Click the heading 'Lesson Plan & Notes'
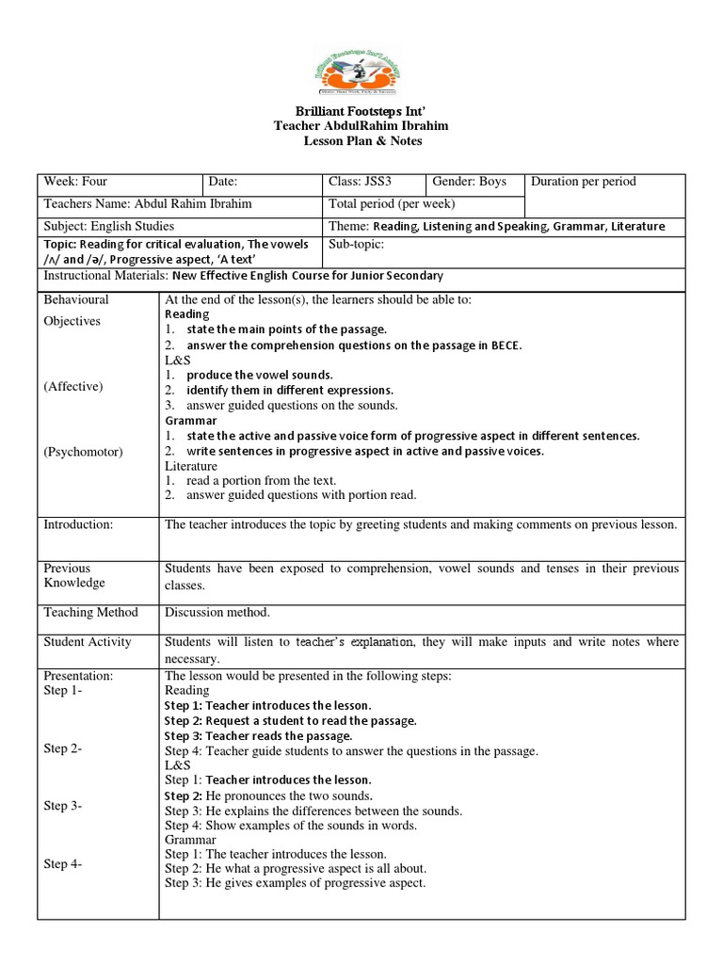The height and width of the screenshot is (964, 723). (361, 141)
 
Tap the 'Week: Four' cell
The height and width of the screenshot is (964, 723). (76, 182)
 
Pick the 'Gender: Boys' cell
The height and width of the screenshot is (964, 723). (469, 182)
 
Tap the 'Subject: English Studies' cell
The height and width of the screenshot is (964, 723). (109, 227)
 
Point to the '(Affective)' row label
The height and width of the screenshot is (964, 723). (73, 387)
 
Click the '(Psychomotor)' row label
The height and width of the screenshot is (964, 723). (83, 452)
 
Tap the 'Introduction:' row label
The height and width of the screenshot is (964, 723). (78, 524)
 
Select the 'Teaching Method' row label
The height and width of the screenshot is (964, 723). (90, 613)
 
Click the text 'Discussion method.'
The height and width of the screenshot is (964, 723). (217, 613)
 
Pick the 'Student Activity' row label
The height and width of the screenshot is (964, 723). (88, 642)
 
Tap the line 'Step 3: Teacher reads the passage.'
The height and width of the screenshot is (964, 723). (259, 735)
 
